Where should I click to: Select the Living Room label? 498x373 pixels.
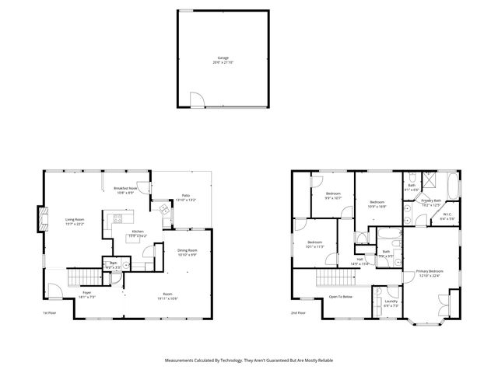(x=75, y=221)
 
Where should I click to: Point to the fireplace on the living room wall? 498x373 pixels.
(x=40, y=219)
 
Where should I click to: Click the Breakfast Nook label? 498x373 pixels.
(x=125, y=190)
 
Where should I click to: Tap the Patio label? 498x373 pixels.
(x=186, y=197)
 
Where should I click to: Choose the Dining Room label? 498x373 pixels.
(x=187, y=252)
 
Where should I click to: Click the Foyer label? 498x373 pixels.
(x=82, y=295)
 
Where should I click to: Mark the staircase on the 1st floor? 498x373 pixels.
(x=82, y=275)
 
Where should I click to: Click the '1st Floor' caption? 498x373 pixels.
(x=50, y=313)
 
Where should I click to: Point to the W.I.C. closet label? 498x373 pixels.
(x=448, y=217)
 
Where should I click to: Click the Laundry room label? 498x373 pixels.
(x=391, y=302)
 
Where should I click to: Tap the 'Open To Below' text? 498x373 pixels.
(x=340, y=296)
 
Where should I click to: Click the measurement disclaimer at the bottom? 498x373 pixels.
(x=248, y=361)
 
